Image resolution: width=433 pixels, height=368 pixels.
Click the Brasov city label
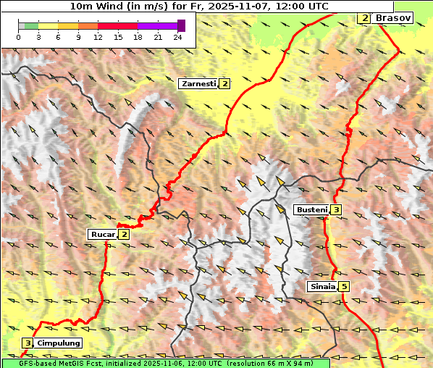[393, 17]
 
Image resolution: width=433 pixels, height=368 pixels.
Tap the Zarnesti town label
[198, 84]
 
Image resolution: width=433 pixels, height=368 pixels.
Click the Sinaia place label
[321, 286]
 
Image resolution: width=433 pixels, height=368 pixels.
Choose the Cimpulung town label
[58, 343]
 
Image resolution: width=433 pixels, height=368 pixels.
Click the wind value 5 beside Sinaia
[344, 286]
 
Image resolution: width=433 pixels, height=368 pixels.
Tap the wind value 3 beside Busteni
[337, 210]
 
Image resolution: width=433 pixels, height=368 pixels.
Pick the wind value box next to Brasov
[364, 17]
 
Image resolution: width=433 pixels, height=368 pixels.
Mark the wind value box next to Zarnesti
[225, 84]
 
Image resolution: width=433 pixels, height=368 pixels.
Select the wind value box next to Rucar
[125, 234]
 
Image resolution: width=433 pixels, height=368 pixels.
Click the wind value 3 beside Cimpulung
[28, 343]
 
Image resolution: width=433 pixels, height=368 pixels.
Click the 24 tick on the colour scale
[177, 37]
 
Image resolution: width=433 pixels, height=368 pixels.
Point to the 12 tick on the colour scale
[98, 37]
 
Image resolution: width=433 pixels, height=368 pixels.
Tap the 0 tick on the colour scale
[19, 37]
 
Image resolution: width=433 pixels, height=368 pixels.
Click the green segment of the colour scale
[31, 25]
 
